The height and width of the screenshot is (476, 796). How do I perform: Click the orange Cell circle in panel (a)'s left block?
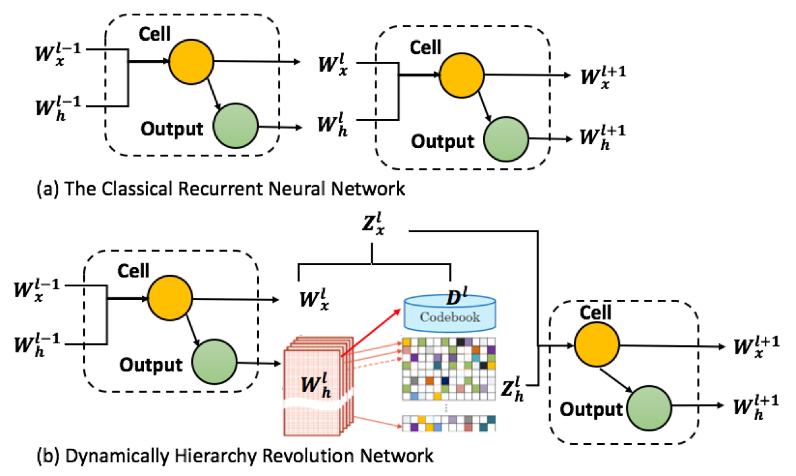pos(191,61)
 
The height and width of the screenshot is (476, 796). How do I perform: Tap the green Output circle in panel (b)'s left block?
pos(213,361)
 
